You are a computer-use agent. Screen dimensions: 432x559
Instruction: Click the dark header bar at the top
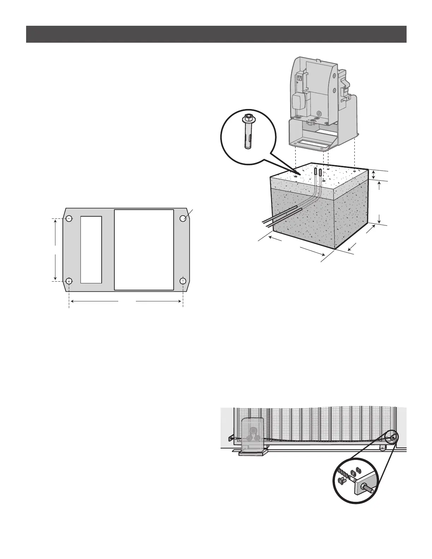pyautogui.click(x=216, y=34)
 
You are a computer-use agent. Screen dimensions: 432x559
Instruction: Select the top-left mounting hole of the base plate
pyautogui.click(x=69, y=219)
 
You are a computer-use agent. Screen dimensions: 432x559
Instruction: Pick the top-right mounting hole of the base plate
pyautogui.click(x=183, y=219)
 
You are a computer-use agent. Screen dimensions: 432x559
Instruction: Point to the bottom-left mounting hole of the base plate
pyautogui.click(x=69, y=281)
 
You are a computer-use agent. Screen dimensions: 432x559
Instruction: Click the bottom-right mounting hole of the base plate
pyautogui.click(x=183, y=281)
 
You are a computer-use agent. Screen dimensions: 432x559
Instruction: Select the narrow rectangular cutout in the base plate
pyautogui.click(x=91, y=250)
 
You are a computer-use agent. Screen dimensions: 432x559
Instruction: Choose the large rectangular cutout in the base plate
pyautogui.click(x=144, y=250)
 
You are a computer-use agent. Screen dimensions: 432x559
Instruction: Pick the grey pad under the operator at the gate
pyautogui.click(x=252, y=453)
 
